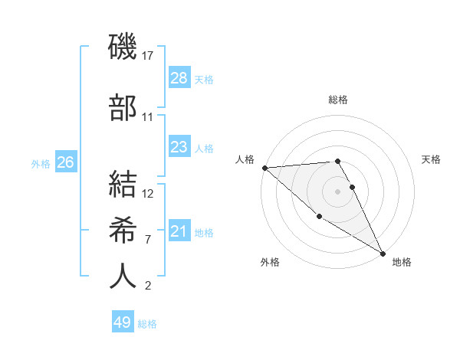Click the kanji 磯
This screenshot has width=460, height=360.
point(123,47)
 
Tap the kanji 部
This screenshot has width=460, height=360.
point(123,107)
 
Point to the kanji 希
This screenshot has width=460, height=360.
point(123,230)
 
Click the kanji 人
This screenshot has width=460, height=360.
point(123,276)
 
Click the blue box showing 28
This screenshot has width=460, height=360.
point(179,78)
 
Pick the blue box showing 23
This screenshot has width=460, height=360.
point(179,147)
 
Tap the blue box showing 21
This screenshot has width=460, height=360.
point(179,232)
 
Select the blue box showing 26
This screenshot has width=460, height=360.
point(65,162)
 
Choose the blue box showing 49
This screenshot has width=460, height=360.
point(123,322)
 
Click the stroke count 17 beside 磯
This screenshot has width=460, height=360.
point(148,56)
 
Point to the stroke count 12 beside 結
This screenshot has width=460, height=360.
point(148,193)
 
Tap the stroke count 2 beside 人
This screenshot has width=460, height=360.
point(147,286)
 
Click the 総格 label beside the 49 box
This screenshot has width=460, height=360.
point(147,324)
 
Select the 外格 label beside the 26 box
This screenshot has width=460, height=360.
point(41,164)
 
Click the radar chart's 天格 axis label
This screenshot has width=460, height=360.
point(431,159)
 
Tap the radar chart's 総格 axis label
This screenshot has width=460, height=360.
point(337,100)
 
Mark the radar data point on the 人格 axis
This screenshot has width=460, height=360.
point(264,168)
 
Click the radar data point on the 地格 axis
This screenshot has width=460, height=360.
point(382,253)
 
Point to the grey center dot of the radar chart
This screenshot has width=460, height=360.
point(337,191)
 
